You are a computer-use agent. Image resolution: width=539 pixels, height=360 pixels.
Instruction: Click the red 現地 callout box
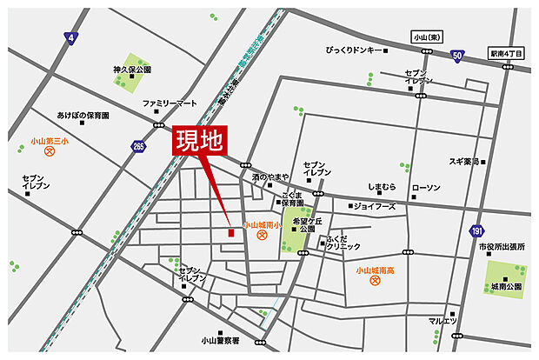pyautogui.click(x=199, y=142)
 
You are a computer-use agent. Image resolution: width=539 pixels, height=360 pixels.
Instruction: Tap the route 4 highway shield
pyautogui.click(x=70, y=37)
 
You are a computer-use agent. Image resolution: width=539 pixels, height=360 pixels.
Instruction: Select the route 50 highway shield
pyautogui.click(x=456, y=57)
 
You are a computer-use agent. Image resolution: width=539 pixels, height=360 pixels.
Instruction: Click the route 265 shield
pyautogui.click(x=138, y=147)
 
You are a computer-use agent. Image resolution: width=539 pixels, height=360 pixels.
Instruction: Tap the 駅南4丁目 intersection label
pyautogui.click(x=507, y=53)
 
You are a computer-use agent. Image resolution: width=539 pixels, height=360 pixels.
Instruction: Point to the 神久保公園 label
pyautogui.click(x=132, y=69)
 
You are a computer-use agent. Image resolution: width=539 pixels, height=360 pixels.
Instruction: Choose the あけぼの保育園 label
pyautogui.click(x=83, y=115)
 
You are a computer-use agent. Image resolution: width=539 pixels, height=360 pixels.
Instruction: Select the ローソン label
pyautogui.click(x=426, y=188)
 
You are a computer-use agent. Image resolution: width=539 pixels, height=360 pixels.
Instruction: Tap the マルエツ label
pyautogui.click(x=442, y=321)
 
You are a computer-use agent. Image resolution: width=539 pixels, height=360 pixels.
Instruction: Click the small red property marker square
pyautogui.click(x=230, y=232)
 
